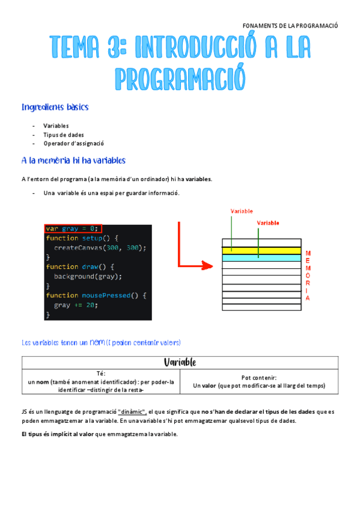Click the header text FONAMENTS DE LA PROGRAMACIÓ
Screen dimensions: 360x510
coord(290,26)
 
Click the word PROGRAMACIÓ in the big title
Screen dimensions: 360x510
coord(180,79)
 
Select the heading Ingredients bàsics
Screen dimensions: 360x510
coord(55,108)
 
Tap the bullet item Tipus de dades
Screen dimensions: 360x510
coord(63,135)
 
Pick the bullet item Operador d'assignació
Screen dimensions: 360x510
coord(73,144)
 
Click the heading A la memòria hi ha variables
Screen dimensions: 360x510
coord(73,161)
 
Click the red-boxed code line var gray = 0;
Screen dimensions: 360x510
coord(72,229)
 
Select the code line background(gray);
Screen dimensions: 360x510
coord(88,276)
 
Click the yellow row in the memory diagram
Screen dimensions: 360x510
coord(261,250)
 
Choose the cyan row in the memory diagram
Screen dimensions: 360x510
coord(261,257)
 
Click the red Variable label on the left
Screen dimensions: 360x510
coord(242,212)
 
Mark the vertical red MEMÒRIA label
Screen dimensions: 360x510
coord(308,275)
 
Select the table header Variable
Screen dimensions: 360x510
coord(180,363)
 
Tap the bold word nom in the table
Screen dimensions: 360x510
coord(42,382)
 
